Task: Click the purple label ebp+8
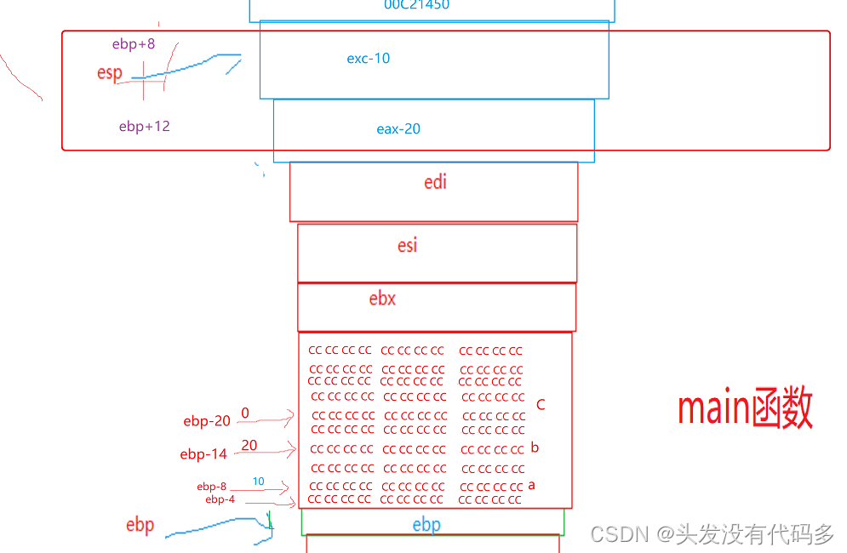click(x=134, y=44)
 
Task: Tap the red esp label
click(x=110, y=73)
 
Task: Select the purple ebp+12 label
click(x=145, y=127)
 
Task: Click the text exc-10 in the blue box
click(x=369, y=59)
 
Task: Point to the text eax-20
click(x=398, y=129)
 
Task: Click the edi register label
click(x=435, y=182)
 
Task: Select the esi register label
click(x=408, y=246)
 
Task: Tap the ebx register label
click(x=382, y=299)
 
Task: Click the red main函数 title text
click(x=745, y=409)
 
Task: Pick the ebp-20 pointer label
click(x=207, y=421)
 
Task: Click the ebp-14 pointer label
click(x=203, y=454)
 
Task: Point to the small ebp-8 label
click(x=212, y=487)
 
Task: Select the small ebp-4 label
click(x=220, y=499)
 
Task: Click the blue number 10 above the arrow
click(x=258, y=482)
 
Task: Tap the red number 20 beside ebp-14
click(x=249, y=445)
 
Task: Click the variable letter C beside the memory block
click(x=541, y=405)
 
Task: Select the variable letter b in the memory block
click(x=535, y=448)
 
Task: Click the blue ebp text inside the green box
click(x=426, y=524)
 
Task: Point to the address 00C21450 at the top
click(x=416, y=5)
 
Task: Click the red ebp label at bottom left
click(x=140, y=525)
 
